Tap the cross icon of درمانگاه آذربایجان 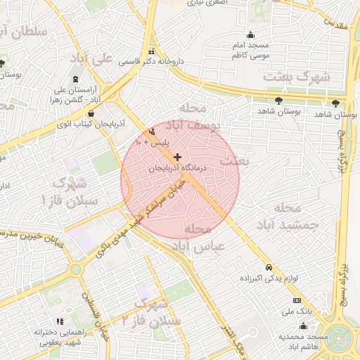[177, 157]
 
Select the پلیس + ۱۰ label [152, 143]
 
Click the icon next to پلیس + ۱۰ [153, 131]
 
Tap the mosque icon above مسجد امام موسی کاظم [251, 36]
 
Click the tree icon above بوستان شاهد [281, 101]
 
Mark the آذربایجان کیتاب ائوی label [89, 124]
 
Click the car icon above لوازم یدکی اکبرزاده [269, 267]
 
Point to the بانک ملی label [296, 310]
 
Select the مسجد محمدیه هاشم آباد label [302, 342]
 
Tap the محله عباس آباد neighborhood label [204, 238]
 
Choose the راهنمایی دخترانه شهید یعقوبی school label [68, 337]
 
